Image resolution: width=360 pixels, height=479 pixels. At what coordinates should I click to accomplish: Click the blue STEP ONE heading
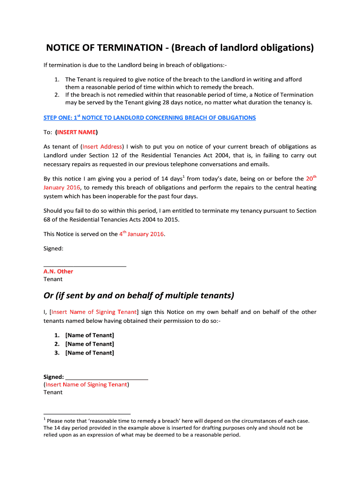150,117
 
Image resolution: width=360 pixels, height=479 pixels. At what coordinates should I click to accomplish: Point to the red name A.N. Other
58,271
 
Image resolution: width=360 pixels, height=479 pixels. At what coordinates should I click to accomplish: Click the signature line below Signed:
85,266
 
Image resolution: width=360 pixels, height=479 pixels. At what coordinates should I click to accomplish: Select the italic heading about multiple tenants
139,296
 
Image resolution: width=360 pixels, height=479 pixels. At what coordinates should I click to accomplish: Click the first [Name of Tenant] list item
90,335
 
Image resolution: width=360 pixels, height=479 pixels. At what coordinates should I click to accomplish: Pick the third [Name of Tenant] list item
90,353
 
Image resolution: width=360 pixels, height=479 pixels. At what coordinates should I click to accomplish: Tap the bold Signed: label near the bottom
53,377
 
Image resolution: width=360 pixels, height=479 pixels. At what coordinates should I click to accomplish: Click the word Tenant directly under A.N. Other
53,279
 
